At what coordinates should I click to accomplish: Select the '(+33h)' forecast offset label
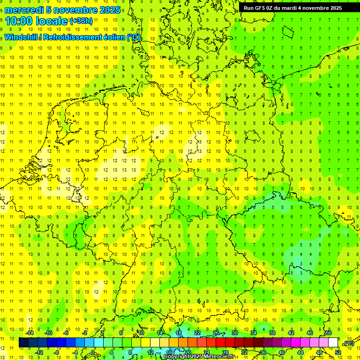[x=81, y=21]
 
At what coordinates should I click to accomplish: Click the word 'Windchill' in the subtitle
[x=21, y=37]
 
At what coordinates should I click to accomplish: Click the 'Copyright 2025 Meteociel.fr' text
[x=199, y=357]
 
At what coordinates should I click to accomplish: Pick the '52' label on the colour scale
[x=337, y=352]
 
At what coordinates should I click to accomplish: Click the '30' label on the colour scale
[x=234, y=333]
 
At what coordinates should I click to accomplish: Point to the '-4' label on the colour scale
[x=75, y=352]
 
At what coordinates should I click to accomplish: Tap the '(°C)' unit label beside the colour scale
[x=349, y=344]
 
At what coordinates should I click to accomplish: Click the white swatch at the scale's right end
[x=333, y=343]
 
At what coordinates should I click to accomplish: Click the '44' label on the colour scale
[x=300, y=352]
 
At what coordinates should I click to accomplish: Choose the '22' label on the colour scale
[x=197, y=333]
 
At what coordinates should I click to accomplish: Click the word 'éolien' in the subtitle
[x=113, y=37]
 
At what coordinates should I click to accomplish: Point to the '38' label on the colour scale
[x=272, y=333]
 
